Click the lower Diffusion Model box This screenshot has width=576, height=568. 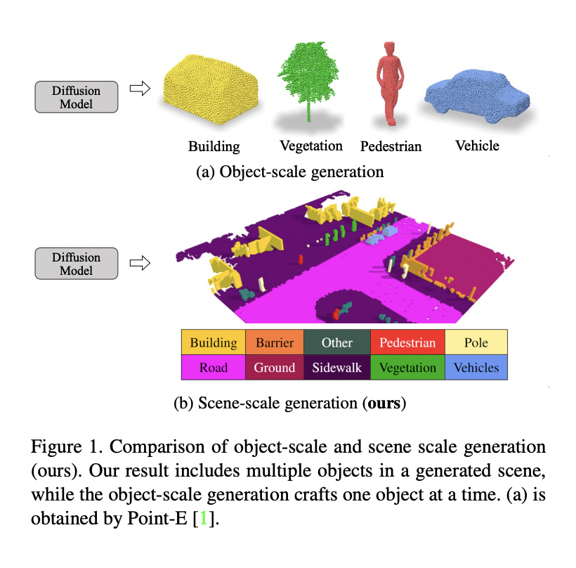77,264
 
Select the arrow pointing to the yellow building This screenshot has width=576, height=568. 141,89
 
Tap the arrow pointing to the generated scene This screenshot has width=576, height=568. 141,263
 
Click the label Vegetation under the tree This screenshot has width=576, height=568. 310,146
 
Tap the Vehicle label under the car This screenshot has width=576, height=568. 477,146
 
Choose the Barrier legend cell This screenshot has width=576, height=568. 275,343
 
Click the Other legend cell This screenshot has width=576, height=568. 337,343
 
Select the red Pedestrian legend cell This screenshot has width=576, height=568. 407,343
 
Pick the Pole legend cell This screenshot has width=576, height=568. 476,343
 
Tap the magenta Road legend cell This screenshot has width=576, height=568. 213,368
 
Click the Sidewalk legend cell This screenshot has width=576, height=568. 337,368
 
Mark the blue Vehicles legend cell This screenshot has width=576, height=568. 476,368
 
